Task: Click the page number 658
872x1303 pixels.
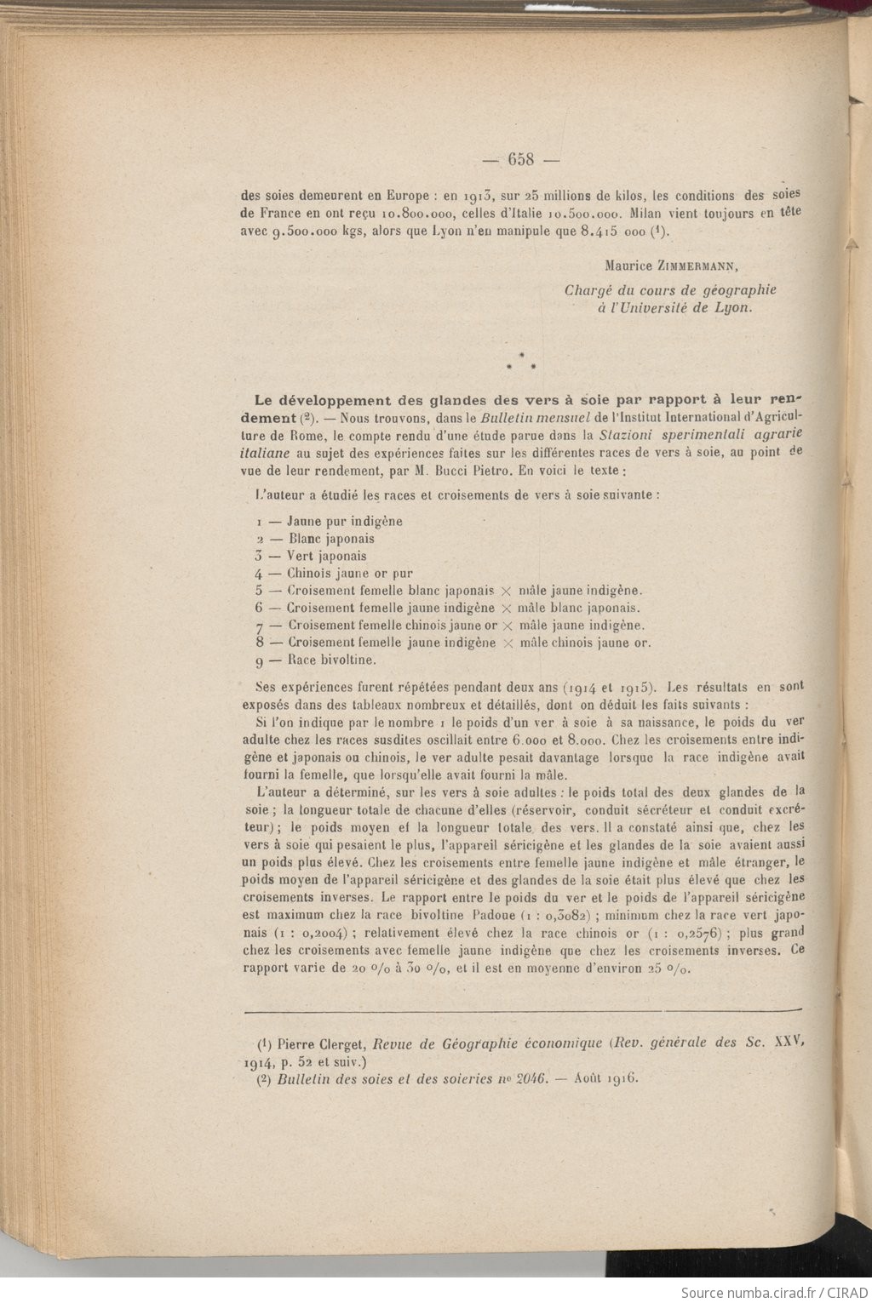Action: click(x=519, y=159)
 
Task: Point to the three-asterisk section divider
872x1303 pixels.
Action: click(x=521, y=363)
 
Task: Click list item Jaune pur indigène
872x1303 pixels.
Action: click(x=344, y=521)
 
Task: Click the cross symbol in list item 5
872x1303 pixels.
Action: click(x=506, y=591)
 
